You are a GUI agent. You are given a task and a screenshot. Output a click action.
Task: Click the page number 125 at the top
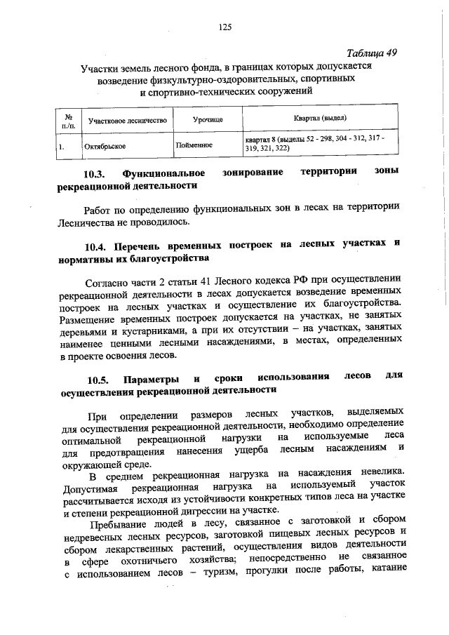point(224,27)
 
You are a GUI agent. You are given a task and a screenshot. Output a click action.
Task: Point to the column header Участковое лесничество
point(127,121)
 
